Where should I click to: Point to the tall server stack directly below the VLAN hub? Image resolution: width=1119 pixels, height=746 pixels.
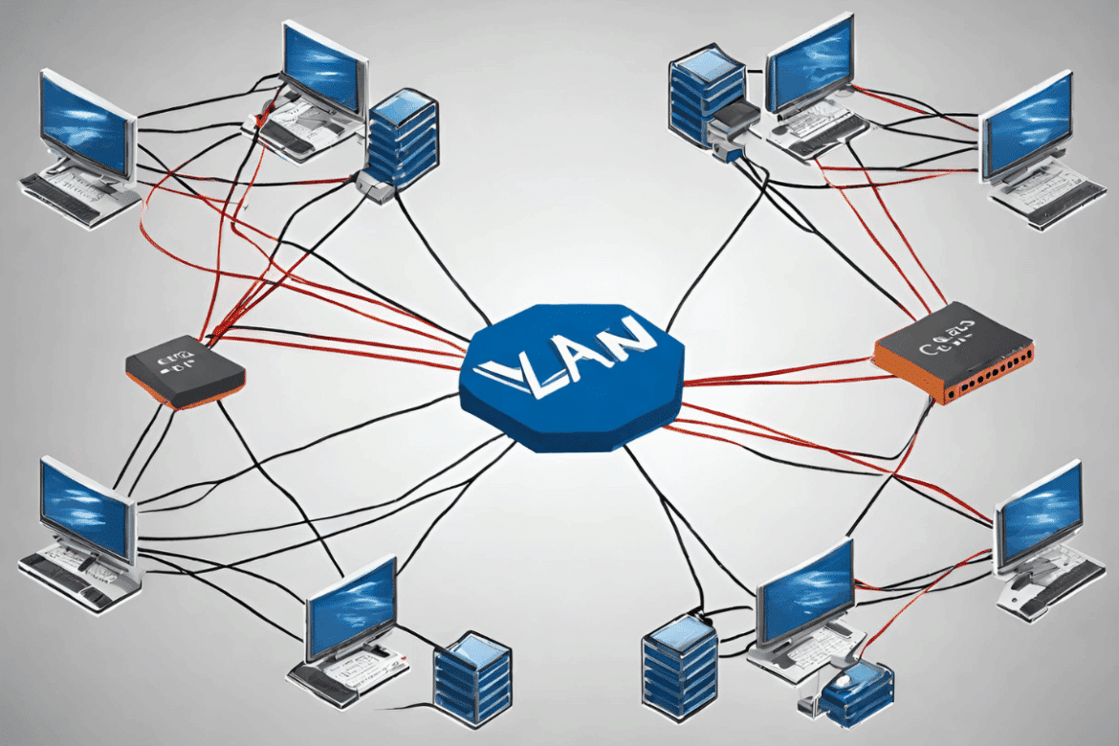pos(680,665)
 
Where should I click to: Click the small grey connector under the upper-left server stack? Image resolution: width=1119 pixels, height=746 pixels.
pos(376,186)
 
